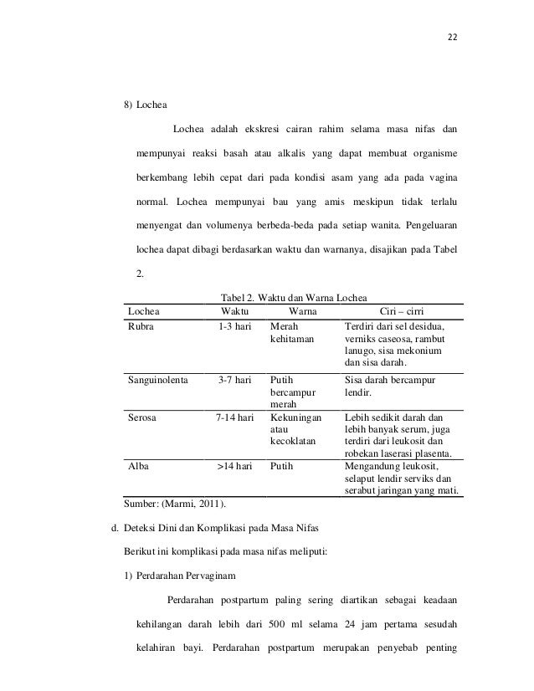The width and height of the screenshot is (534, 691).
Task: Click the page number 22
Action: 454,37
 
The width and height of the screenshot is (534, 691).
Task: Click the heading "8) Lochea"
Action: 146,106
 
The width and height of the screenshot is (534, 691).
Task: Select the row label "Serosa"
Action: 144,416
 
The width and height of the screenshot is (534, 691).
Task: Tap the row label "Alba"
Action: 139,467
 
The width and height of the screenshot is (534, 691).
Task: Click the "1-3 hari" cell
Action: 234,327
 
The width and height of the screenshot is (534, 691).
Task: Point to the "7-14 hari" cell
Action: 234,416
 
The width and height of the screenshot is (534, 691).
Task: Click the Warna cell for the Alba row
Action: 283,467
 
